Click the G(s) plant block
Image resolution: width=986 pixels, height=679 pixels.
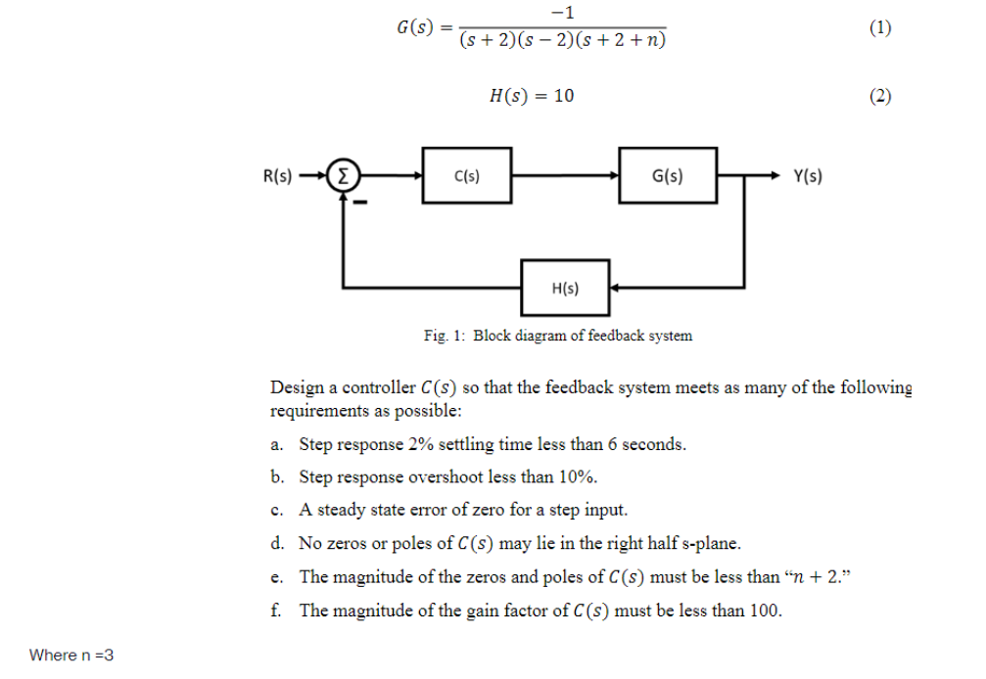[668, 177]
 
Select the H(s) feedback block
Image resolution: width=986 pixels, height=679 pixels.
[565, 289]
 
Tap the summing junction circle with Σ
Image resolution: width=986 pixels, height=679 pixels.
[342, 177]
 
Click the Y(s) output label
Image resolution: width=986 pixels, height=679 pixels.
[808, 177]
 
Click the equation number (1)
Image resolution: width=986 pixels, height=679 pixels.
[880, 28]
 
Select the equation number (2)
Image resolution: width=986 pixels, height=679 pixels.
[880, 95]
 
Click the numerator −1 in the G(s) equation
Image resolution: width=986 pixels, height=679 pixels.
[562, 12]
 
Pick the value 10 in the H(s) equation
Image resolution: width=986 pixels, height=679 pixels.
[564, 95]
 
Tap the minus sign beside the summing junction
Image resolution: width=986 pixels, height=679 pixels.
[359, 204]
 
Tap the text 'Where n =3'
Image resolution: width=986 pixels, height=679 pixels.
[71, 655]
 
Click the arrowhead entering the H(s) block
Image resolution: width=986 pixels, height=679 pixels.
[615, 289]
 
